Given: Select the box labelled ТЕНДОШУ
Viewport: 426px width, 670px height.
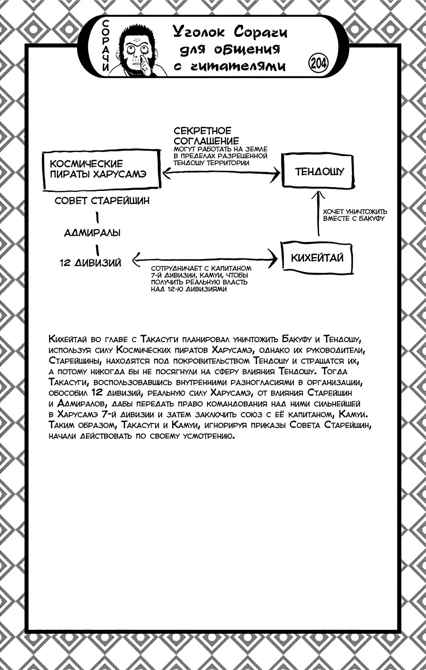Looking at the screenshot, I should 319,171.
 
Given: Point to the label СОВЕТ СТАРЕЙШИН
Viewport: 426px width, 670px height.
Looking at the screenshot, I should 102,201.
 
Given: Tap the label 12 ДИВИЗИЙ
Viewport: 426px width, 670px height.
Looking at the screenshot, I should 90,262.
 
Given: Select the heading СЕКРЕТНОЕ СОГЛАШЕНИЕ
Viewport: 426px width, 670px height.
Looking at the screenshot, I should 206,135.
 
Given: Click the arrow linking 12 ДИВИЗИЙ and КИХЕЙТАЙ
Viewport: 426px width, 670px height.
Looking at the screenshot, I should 206,259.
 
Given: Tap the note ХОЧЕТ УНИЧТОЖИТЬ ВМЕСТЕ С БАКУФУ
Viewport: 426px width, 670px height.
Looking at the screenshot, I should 355,215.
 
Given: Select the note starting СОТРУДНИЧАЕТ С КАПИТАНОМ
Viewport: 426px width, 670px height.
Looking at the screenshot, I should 201,279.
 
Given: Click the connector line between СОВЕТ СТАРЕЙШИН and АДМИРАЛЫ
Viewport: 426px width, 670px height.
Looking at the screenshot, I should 98,218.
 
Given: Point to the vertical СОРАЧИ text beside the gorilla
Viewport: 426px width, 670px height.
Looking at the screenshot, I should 106,47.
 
